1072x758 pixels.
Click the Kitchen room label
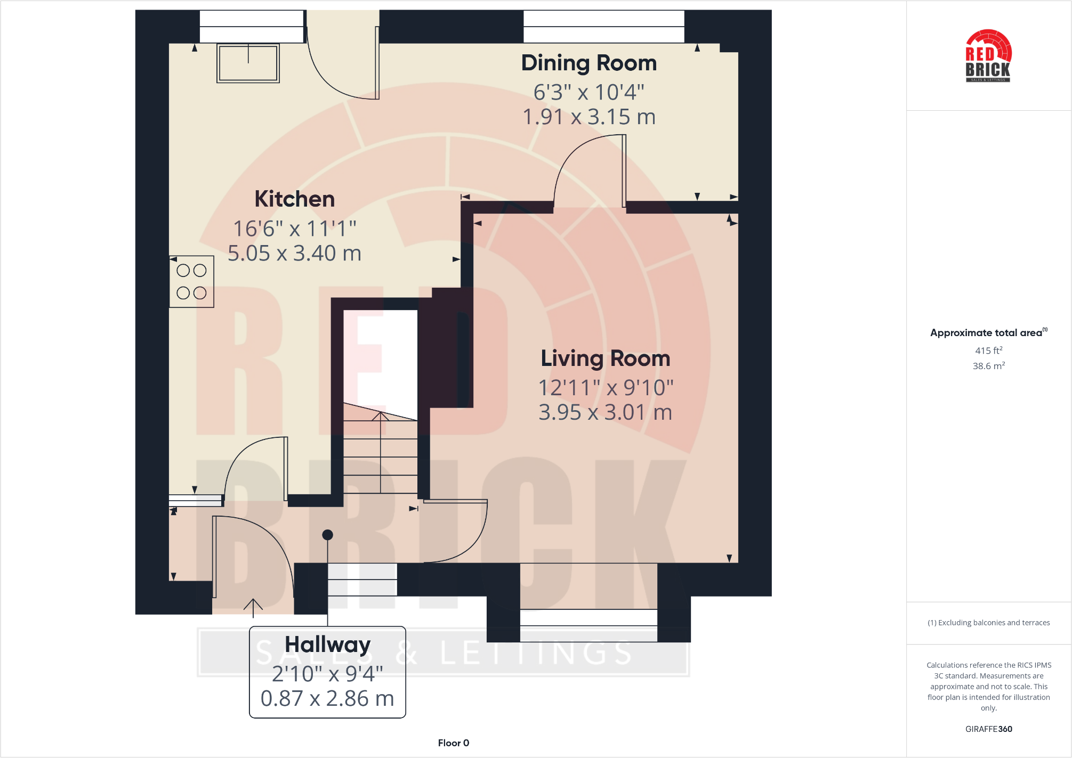pyautogui.click(x=294, y=199)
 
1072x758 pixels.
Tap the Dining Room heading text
pyautogui.click(x=589, y=63)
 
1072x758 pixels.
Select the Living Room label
pyautogui.click(x=605, y=358)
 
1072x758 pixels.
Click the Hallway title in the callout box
pyautogui.click(x=327, y=645)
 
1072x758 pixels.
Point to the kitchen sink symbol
pyautogui.click(x=248, y=63)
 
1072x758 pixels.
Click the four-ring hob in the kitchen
pyautogui.click(x=191, y=282)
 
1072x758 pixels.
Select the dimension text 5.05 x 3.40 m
pyautogui.click(x=294, y=254)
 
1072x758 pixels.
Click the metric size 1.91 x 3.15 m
pyautogui.click(x=589, y=117)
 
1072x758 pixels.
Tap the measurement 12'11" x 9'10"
pyautogui.click(x=605, y=388)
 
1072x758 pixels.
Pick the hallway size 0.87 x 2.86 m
pyautogui.click(x=327, y=698)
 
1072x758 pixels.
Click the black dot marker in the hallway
pyautogui.click(x=328, y=535)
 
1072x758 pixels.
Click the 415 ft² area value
pyautogui.click(x=988, y=351)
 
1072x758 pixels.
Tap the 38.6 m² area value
pyautogui.click(x=988, y=366)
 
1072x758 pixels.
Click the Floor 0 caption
pyautogui.click(x=453, y=743)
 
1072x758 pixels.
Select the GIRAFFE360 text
pyautogui.click(x=988, y=729)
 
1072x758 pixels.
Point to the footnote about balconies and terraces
pyautogui.click(x=988, y=623)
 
